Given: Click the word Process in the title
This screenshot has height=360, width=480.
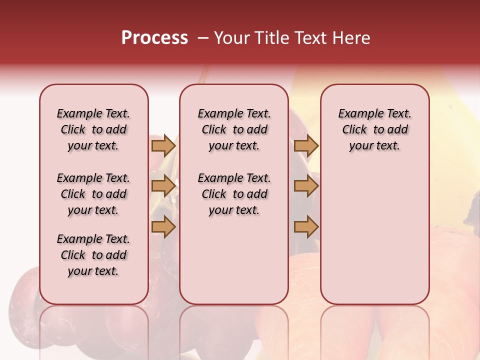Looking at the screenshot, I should point(154,38).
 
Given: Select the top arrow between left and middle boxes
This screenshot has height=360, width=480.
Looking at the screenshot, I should point(163,145).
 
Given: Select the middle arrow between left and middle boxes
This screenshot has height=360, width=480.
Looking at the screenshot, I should point(163,186).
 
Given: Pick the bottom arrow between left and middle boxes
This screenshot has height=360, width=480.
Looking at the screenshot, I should point(163,227).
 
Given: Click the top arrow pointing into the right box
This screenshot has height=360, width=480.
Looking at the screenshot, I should point(306,145).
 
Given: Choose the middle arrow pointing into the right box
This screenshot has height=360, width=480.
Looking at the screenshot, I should point(306,186).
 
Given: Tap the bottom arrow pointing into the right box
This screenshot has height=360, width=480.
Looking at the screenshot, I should point(306,227).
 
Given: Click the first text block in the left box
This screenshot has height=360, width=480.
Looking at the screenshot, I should point(93,129).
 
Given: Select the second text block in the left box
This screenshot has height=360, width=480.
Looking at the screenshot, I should point(93,194).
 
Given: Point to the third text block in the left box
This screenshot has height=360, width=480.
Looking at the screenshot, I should point(93,255).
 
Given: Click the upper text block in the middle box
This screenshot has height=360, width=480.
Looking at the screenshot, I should point(234,129).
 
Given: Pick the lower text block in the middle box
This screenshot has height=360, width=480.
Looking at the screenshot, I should point(234,194).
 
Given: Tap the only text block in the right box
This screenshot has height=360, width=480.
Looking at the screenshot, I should point(374,129).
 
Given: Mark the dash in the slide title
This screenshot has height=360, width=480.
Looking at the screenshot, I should point(202,38).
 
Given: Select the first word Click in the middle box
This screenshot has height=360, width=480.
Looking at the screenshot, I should point(214,130).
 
